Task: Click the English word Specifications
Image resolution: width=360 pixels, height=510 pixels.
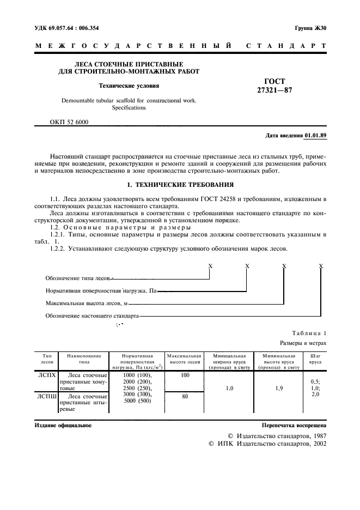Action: (129, 108)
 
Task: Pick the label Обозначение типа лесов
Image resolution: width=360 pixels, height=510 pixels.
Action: (80, 278)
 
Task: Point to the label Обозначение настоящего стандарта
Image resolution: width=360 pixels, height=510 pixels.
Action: (92, 316)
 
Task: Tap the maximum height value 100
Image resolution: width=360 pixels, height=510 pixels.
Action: (185, 375)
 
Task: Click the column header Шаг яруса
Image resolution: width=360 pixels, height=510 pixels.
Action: (314, 358)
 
